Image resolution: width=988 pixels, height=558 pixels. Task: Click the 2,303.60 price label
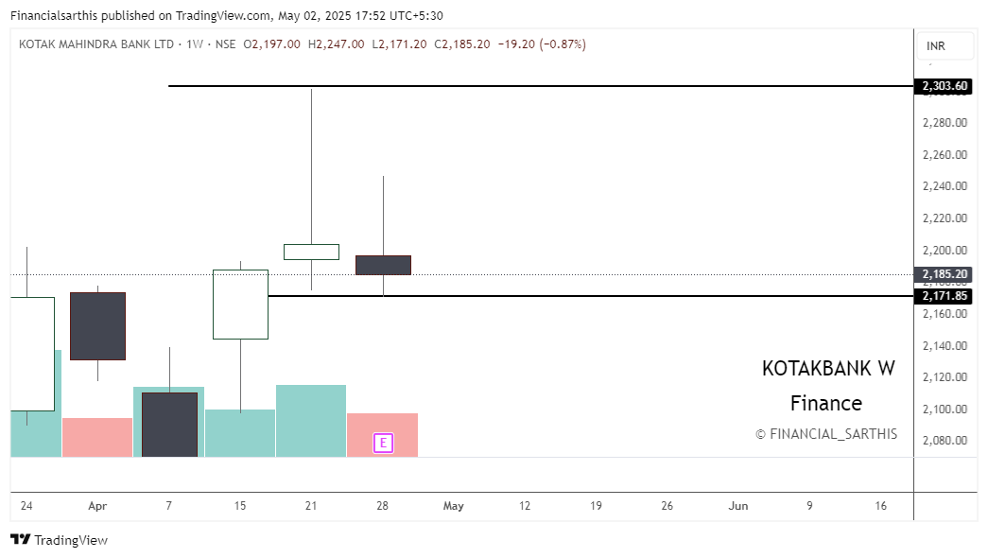(x=945, y=86)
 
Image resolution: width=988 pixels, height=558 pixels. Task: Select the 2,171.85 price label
(x=945, y=296)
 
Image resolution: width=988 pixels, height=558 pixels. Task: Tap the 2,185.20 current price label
(x=945, y=274)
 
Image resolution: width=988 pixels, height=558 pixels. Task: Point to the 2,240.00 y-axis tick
(x=945, y=186)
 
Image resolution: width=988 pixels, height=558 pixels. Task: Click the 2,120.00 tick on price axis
(x=945, y=377)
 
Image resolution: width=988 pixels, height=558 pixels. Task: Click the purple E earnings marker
(x=383, y=443)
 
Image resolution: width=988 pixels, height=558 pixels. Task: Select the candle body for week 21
(x=311, y=252)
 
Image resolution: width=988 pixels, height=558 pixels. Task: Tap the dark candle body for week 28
(x=383, y=265)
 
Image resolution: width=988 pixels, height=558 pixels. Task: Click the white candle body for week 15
(x=240, y=304)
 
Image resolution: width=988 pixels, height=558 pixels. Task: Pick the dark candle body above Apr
(x=97, y=325)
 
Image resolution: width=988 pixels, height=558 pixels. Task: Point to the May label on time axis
(x=454, y=506)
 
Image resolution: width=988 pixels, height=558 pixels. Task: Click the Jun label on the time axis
(x=738, y=506)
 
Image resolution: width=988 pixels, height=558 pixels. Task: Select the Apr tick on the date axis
(x=97, y=506)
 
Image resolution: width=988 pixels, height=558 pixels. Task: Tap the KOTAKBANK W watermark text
(x=827, y=369)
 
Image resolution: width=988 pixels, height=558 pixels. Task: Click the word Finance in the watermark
(x=826, y=404)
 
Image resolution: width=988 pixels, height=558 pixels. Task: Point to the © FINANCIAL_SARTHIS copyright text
(x=826, y=434)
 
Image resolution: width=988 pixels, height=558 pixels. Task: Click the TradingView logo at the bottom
(x=59, y=540)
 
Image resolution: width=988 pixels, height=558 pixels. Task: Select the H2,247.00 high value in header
(x=336, y=44)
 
